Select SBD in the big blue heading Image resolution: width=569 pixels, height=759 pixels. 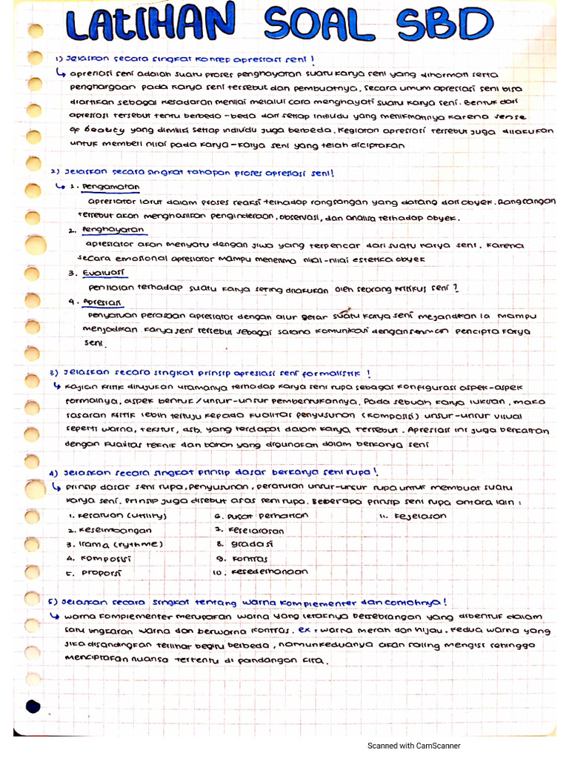click(x=445, y=27)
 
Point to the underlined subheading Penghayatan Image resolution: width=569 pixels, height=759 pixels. click(x=113, y=231)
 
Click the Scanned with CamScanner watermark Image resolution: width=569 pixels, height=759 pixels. click(x=414, y=746)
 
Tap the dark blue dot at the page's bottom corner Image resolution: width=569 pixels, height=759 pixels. click(x=33, y=706)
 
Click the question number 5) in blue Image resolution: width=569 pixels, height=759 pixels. click(x=53, y=603)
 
